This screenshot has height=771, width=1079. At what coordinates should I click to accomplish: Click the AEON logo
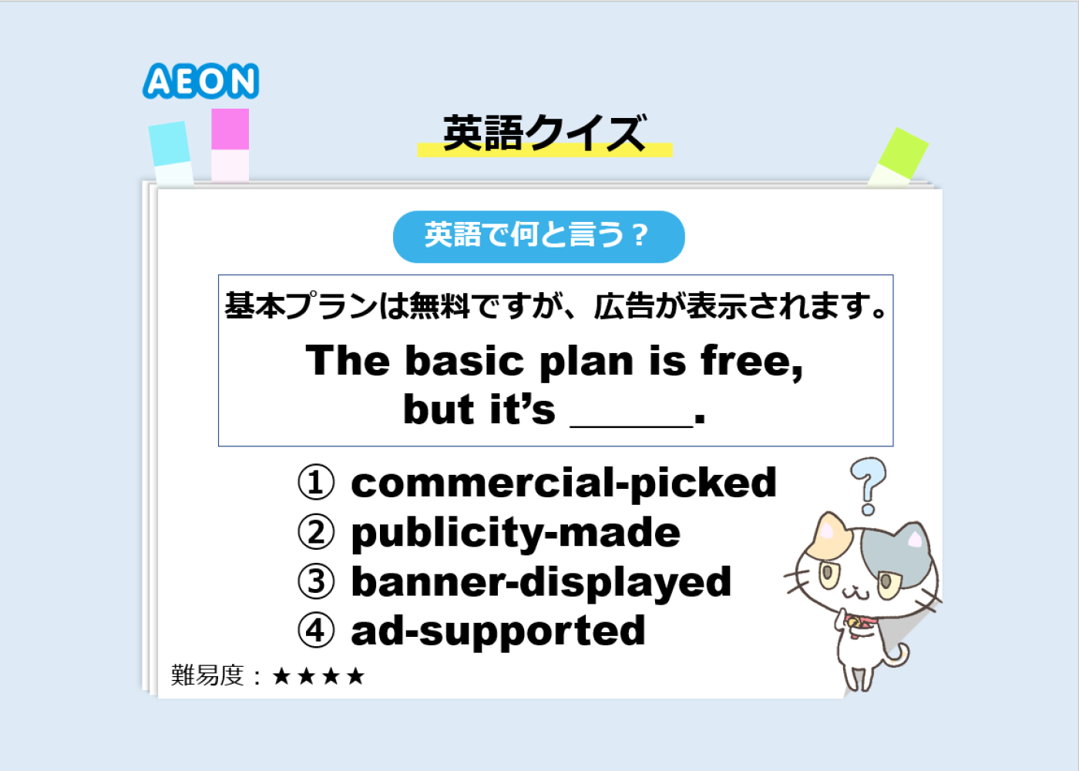click(x=201, y=81)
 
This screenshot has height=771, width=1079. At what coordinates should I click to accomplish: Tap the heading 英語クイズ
click(x=545, y=133)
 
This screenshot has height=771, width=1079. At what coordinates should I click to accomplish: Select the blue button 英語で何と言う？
click(x=539, y=237)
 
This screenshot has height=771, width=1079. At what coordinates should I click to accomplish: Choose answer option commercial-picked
click(x=563, y=483)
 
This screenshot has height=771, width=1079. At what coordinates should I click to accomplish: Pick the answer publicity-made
click(x=516, y=533)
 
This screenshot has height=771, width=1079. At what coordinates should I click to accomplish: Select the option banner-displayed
click(x=541, y=583)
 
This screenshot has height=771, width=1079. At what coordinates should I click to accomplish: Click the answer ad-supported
click(x=498, y=631)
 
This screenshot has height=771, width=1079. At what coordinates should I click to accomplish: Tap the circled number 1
click(x=315, y=483)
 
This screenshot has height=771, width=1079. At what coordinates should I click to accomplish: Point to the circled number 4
click(x=315, y=631)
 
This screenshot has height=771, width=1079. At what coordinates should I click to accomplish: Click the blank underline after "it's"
click(x=631, y=426)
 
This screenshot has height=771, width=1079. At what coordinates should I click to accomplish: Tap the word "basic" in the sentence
click(x=464, y=361)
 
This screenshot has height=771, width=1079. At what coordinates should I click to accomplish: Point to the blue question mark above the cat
click(x=868, y=486)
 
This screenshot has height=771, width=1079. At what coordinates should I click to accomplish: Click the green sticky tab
click(x=899, y=156)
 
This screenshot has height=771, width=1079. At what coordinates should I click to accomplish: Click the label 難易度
click(x=207, y=675)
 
